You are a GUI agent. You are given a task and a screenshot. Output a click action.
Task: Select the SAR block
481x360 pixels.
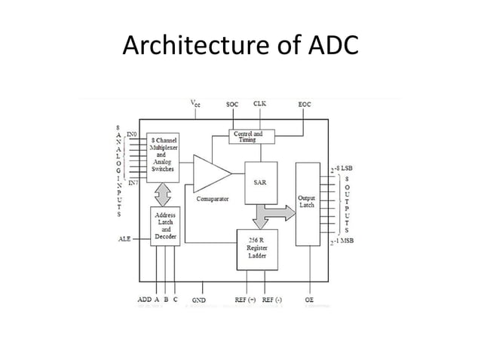click(259, 182)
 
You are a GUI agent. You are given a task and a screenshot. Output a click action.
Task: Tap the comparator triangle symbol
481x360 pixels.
click(210, 174)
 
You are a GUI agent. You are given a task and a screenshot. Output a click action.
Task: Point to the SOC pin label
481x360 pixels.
click(234, 105)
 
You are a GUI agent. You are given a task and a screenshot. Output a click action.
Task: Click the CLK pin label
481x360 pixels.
click(259, 104)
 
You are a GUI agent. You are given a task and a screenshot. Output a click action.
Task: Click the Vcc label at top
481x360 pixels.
click(194, 105)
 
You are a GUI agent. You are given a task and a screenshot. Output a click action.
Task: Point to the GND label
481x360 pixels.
click(199, 301)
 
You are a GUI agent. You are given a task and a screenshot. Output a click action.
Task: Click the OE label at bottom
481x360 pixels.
click(309, 301)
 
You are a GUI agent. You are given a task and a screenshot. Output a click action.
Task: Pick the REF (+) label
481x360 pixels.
click(246, 301)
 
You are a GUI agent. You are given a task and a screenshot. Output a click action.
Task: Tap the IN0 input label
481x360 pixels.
click(132, 133)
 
